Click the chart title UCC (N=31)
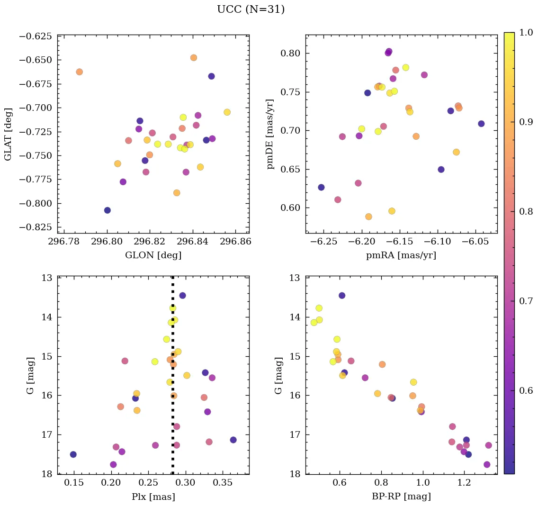(251, 9)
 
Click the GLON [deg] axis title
(153, 255)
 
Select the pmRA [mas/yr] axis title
(401, 255)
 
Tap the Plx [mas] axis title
(153, 497)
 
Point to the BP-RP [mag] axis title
(401, 497)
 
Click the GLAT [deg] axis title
(9, 134)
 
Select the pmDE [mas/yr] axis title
(270, 134)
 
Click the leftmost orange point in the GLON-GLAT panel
(79, 72)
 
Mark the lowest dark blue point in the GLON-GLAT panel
(108, 210)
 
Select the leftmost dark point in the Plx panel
(73, 454)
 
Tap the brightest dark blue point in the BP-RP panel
(342, 296)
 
